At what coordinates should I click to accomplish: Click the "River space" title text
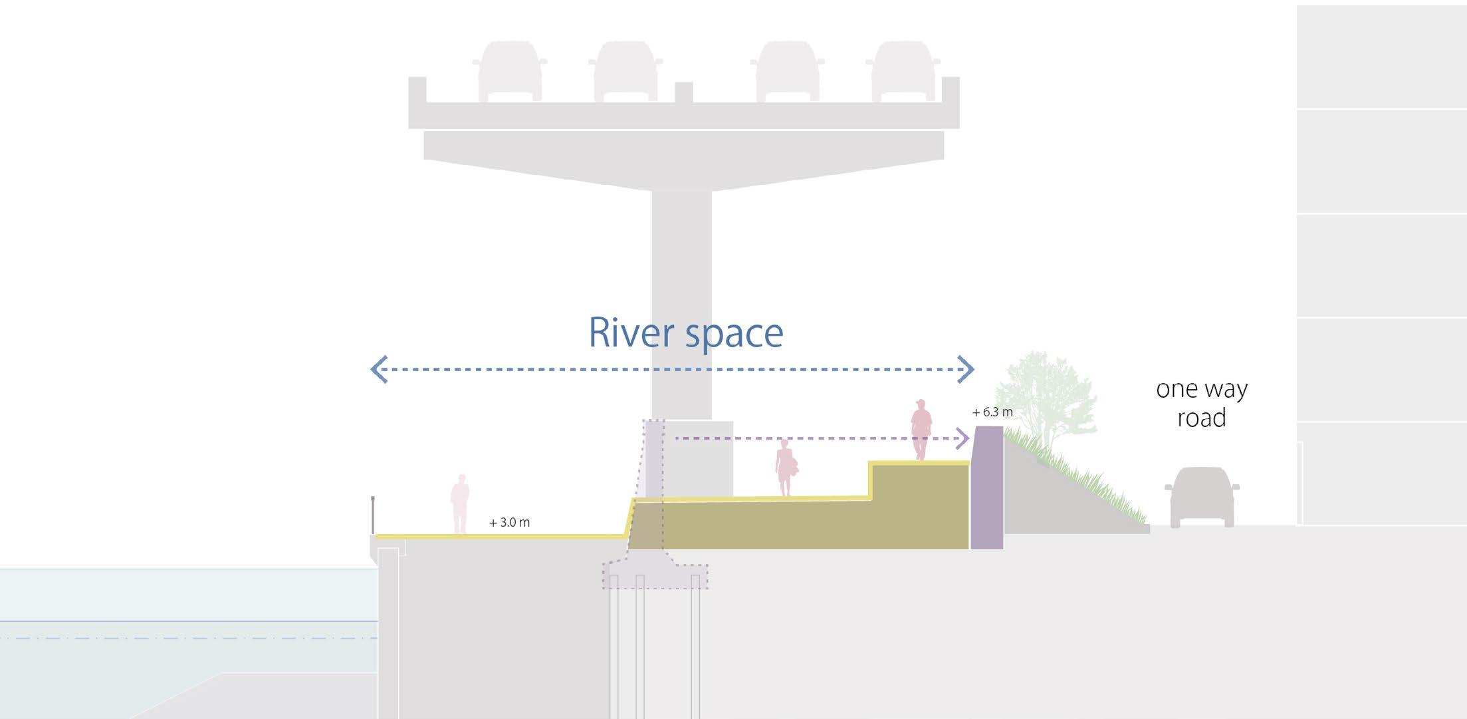point(685,333)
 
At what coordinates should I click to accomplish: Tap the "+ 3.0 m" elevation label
point(509,523)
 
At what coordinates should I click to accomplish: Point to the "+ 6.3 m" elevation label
point(992,412)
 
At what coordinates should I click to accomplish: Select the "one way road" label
point(1202,403)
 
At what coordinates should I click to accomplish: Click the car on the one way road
point(1202,496)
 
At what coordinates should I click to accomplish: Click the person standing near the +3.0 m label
point(460,503)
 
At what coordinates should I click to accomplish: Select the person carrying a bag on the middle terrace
point(786,468)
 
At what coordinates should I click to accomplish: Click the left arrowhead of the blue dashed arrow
point(379,369)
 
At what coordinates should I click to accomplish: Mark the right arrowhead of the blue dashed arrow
point(966,369)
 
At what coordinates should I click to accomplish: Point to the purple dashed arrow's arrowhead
point(962,438)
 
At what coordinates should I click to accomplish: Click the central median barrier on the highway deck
point(683,92)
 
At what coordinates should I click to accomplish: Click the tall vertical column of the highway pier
point(681,299)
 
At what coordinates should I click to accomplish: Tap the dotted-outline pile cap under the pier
point(655,576)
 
